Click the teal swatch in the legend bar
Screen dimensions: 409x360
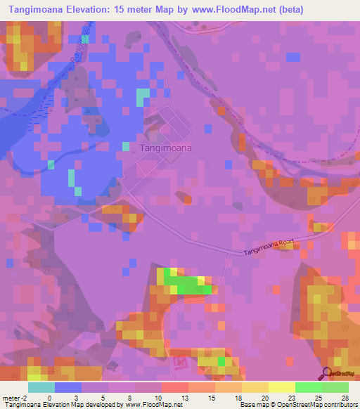pos(41,387)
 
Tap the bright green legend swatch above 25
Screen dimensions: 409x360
pos(309,387)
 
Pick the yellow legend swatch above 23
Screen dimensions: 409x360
pos(282,387)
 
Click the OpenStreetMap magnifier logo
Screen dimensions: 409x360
pos(328,374)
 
